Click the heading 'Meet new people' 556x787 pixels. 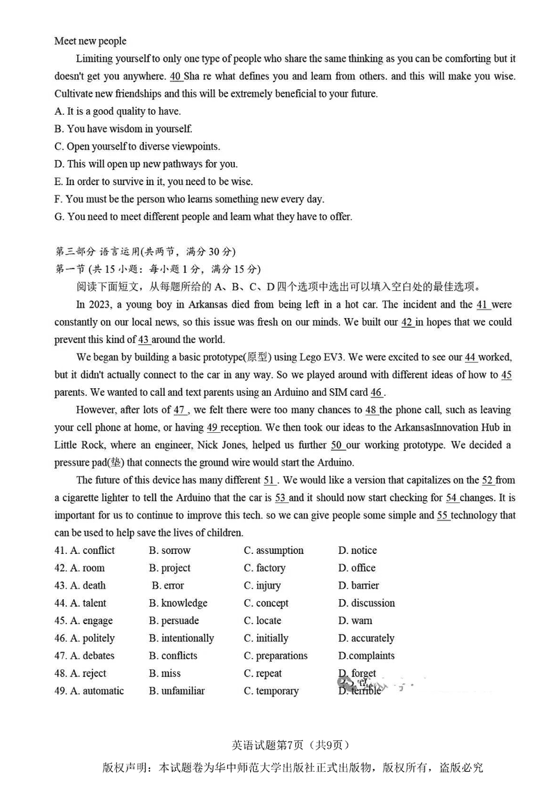(90, 41)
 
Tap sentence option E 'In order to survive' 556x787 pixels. (153, 182)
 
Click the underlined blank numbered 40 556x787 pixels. (176, 76)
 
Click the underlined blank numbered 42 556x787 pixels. (408, 322)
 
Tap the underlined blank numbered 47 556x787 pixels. (179, 410)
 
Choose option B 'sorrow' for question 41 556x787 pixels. (170, 550)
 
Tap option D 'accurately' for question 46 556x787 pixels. (366, 638)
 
